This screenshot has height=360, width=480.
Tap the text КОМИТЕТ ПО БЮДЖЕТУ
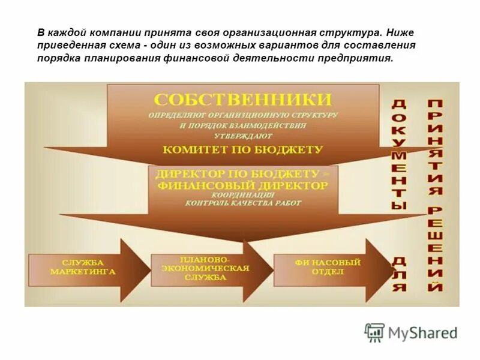point(243,149)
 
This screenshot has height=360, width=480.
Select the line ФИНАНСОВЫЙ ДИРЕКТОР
point(243,185)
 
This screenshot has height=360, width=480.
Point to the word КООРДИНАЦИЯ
point(243,195)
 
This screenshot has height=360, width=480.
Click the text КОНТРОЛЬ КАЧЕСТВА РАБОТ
point(243,203)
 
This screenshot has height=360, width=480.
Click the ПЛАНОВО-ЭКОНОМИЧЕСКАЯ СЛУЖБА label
point(200,268)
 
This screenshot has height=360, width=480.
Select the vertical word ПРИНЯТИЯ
point(436,148)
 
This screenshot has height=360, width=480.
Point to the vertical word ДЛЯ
point(399,273)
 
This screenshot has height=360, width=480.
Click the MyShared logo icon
point(374,332)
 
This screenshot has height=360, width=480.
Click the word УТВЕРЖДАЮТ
point(243,136)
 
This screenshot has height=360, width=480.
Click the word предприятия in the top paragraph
point(358,59)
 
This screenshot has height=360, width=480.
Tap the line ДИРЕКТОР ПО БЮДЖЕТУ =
point(243,174)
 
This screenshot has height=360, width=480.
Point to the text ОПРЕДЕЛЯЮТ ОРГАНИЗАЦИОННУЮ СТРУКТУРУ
point(243,114)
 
